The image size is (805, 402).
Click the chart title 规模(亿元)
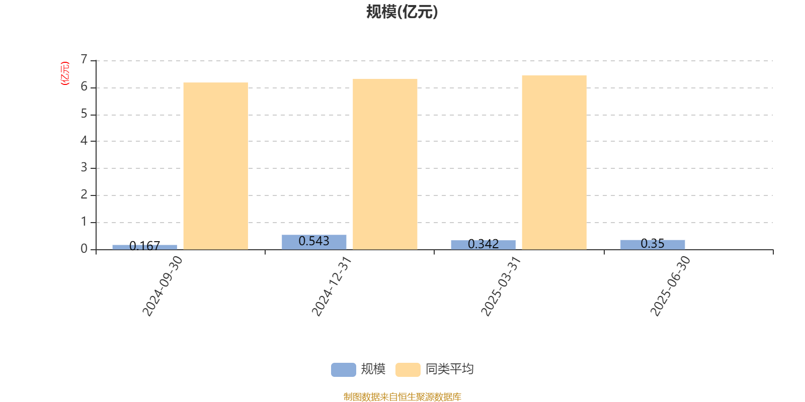(x=402, y=12)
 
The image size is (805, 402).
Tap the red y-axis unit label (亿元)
(x=65, y=73)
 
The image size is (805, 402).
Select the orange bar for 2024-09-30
(x=216, y=166)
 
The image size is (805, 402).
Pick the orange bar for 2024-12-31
(x=385, y=164)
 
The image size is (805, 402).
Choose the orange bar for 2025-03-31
(x=554, y=162)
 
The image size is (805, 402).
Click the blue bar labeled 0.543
(x=314, y=242)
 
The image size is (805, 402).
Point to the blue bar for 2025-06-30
(x=653, y=245)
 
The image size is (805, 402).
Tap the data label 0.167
(x=144, y=246)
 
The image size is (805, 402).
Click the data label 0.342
(x=484, y=244)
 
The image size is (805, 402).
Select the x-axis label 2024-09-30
(x=163, y=286)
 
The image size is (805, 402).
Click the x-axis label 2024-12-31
(x=332, y=286)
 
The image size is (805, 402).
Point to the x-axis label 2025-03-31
(x=501, y=286)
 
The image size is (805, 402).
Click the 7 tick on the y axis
(x=84, y=59)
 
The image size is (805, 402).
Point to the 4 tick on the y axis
(x=84, y=140)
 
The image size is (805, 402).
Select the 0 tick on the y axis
(x=84, y=249)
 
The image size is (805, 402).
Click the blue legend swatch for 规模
(x=344, y=370)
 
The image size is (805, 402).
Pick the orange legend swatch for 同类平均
(x=408, y=370)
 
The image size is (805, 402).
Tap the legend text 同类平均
(x=450, y=369)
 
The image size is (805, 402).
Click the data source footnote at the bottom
(x=402, y=396)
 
